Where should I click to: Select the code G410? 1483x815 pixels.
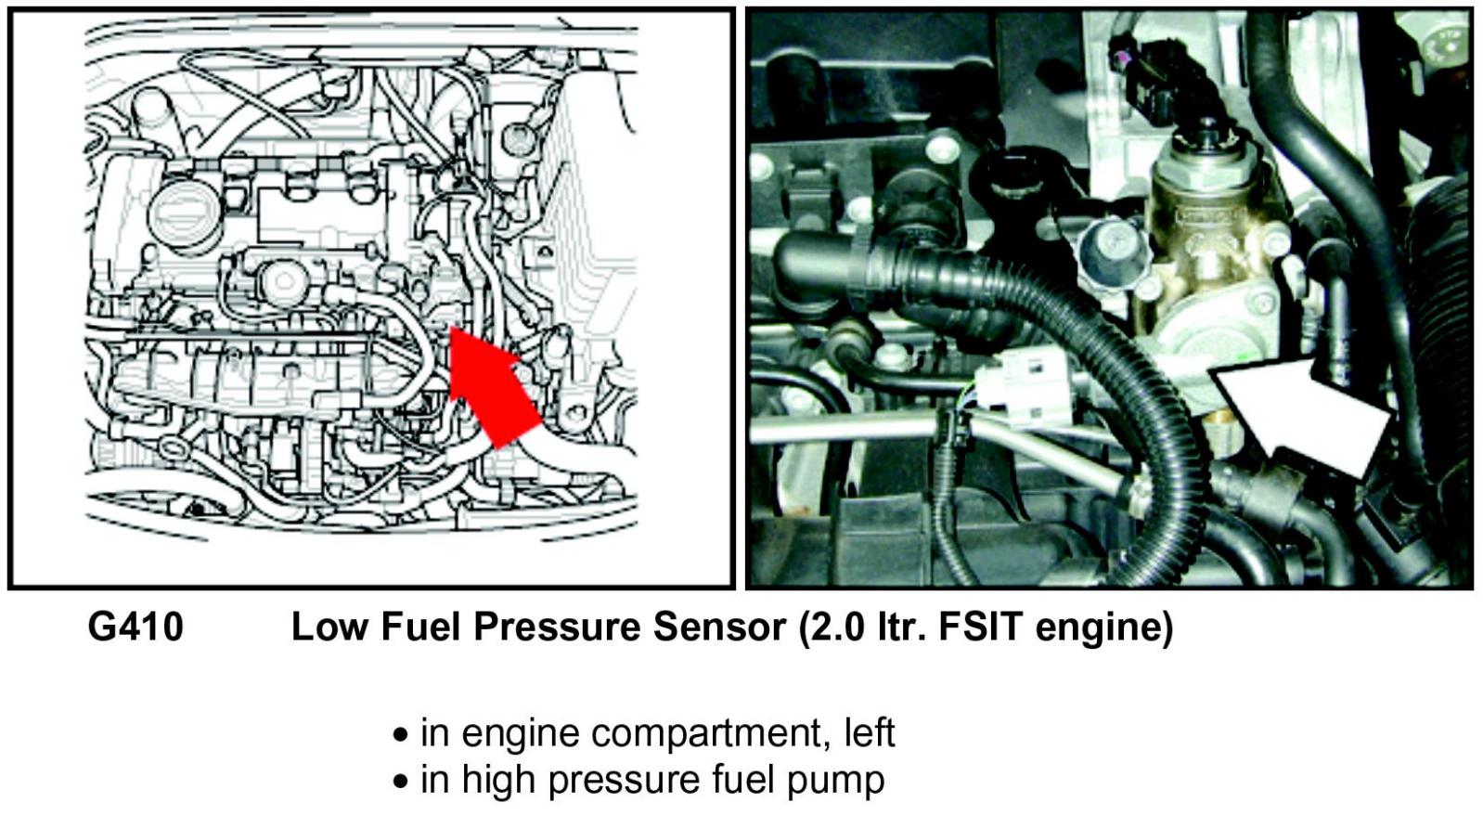point(135,627)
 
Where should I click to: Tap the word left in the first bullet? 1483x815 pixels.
point(869,732)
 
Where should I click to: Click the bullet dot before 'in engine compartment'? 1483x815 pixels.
point(401,735)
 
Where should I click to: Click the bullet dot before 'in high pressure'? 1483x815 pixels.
point(401,782)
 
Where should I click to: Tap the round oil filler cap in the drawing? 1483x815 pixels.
point(184,206)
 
